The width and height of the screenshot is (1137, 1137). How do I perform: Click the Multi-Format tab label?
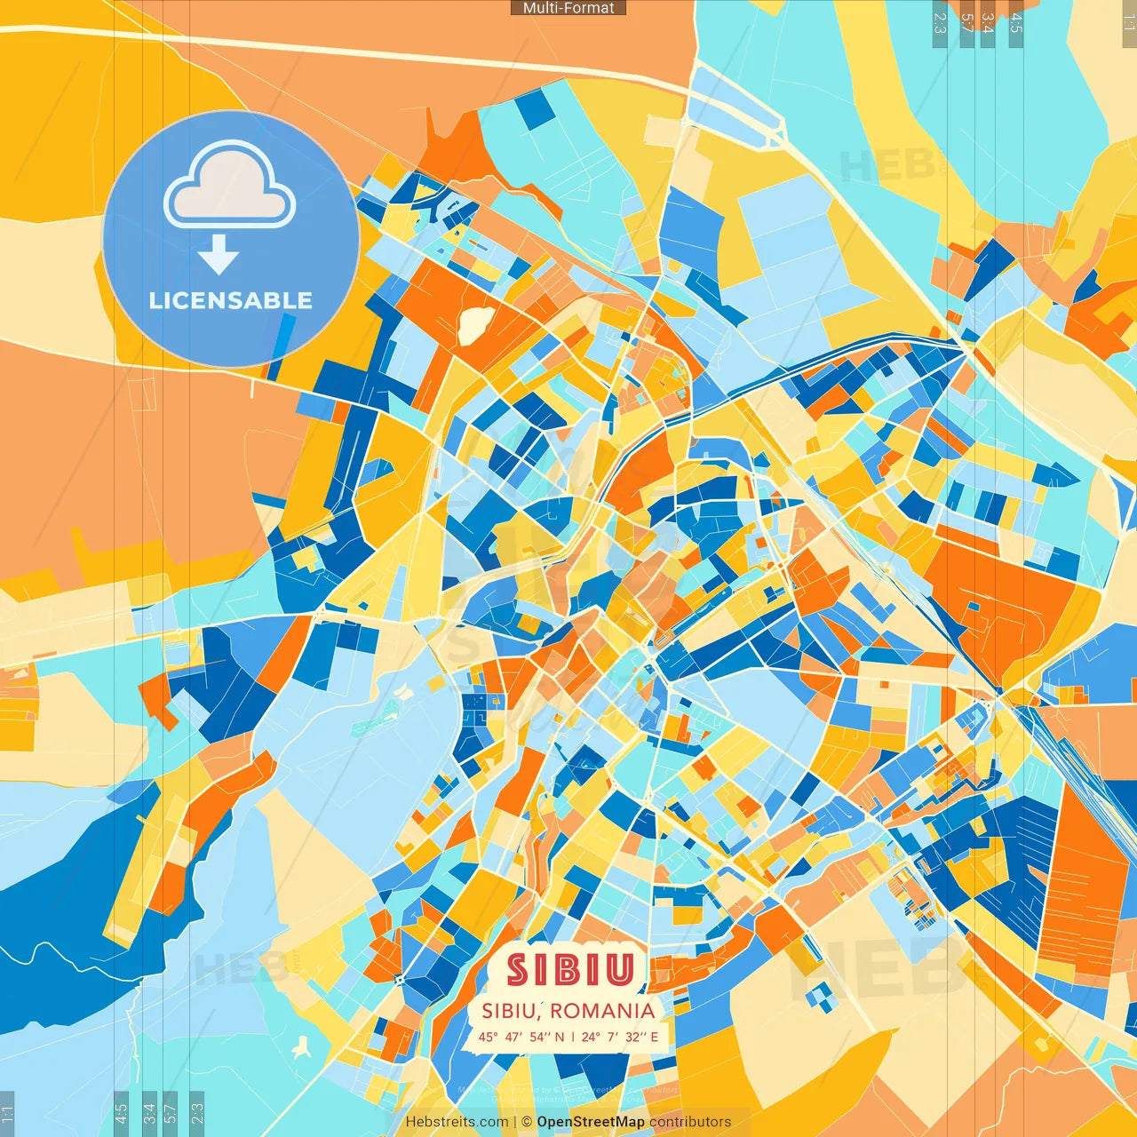tap(568, 8)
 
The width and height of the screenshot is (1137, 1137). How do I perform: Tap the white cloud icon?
tap(229, 187)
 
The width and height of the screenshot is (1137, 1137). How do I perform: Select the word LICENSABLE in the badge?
tap(231, 300)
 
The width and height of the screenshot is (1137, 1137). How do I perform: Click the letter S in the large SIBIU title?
tap(517, 970)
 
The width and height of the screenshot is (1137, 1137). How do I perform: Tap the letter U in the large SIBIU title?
tap(620, 970)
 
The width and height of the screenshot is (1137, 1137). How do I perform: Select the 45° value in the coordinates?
tap(489, 1037)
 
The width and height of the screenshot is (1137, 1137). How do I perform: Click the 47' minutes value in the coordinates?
tap(514, 1037)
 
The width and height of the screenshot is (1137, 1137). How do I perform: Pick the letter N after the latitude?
tap(559, 1037)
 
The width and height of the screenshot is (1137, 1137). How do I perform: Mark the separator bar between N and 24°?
tap(573, 1037)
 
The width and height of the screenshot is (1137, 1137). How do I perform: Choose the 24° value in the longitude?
tap(590, 1037)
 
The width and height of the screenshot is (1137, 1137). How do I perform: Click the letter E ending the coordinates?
tap(655, 1037)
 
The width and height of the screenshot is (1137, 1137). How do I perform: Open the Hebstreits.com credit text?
tap(457, 1122)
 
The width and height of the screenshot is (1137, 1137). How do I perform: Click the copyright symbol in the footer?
tap(527, 1122)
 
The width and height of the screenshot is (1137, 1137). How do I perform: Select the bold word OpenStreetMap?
tap(591, 1122)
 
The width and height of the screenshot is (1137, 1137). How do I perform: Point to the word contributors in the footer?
tap(690, 1122)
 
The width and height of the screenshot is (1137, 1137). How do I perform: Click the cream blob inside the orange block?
tap(474, 323)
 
